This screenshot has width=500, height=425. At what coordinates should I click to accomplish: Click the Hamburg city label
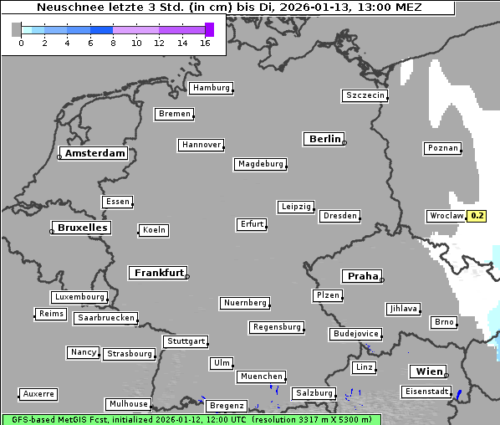coord(211,88)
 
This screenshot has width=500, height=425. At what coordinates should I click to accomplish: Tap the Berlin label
coord(324,139)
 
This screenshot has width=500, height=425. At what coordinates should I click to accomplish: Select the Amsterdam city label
coord(94,153)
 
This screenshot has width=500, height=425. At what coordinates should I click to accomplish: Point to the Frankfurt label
coord(159,273)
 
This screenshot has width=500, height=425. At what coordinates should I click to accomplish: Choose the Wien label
coord(429,371)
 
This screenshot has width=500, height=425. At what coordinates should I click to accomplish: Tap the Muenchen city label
coord(262,377)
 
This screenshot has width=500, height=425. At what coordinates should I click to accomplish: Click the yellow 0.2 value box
coord(477,216)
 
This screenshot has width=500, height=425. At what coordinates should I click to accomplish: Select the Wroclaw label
coord(446,216)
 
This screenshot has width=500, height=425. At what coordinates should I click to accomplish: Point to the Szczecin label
coord(365,95)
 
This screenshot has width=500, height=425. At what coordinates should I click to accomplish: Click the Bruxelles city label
coord(82,228)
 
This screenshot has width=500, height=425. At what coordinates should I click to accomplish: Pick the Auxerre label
coord(38,393)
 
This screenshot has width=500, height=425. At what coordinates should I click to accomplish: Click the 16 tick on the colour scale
coord(205,43)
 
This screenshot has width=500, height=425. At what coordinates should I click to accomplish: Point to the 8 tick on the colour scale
coord(113,43)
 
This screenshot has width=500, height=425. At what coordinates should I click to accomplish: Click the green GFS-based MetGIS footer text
coord(191,419)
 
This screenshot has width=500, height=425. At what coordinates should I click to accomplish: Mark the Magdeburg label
coord(261,164)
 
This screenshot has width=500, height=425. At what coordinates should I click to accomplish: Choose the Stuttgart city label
coord(186,341)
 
